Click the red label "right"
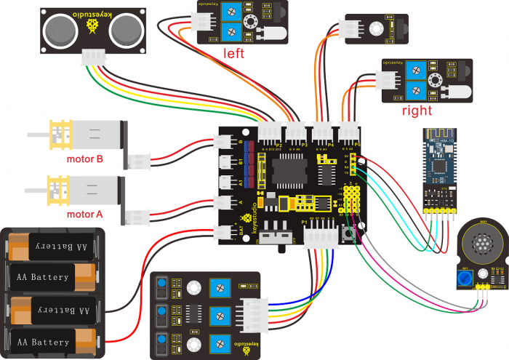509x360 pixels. point(417,111)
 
